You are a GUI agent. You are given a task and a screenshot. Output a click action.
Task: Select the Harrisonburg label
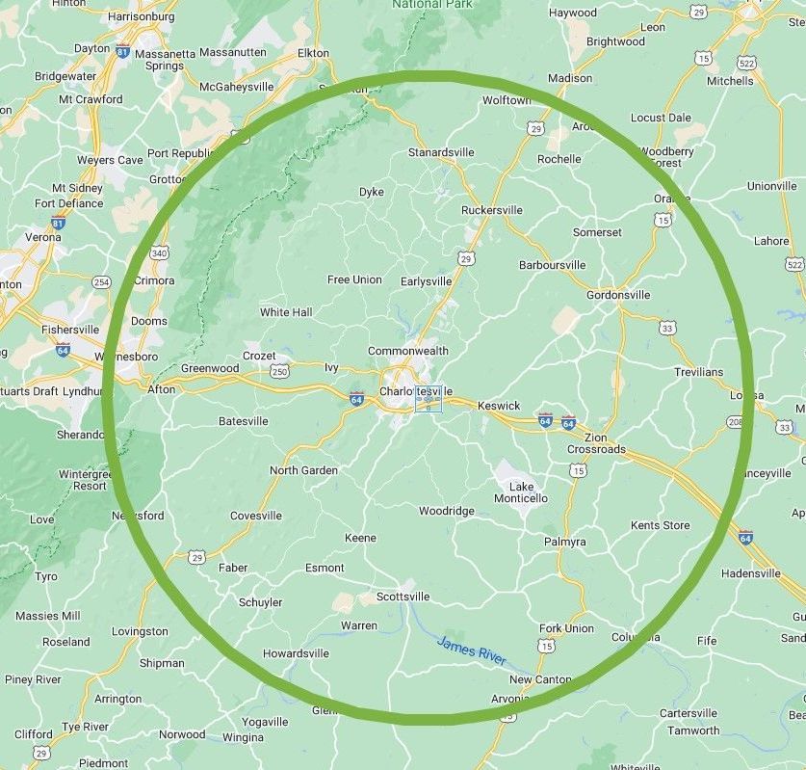click(x=142, y=16)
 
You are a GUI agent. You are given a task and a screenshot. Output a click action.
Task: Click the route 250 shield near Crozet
click(x=279, y=371)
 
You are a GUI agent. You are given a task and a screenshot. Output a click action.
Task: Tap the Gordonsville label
click(x=618, y=295)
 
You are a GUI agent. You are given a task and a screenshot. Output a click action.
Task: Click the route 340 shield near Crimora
click(x=160, y=252)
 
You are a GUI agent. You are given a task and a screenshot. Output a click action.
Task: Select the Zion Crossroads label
click(x=596, y=443)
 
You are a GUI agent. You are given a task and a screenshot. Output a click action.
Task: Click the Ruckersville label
click(x=492, y=210)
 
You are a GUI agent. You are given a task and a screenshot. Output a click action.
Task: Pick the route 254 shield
click(x=101, y=282)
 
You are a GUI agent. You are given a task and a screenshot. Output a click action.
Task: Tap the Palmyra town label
click(x=564, y=542)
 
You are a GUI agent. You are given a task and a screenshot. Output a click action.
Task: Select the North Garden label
click(x=303, y=470)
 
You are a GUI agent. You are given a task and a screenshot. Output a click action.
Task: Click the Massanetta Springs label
click(x=165, y=60)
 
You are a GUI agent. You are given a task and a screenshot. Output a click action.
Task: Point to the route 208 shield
click(x=735, y=422)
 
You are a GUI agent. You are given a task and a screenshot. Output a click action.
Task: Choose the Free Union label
click(x=354, y=279)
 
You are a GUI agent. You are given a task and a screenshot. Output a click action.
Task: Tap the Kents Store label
click(x=661, y=525)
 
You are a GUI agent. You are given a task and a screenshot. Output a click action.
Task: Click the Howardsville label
click(x=296, y=653)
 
